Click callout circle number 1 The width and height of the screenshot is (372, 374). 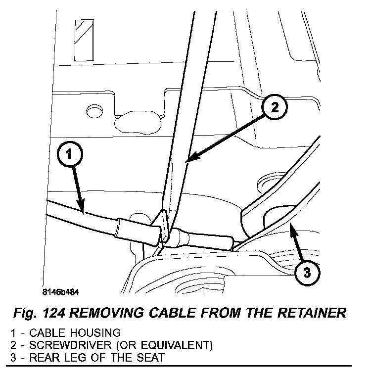pyautogui.click(x=69, y=154)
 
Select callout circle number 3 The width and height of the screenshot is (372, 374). pyautogui.click(x=307, y=272)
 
